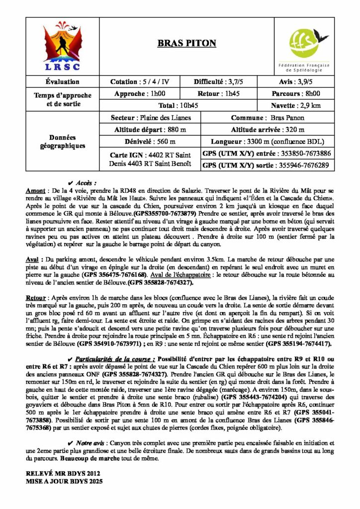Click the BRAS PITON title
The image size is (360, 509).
[186, 43]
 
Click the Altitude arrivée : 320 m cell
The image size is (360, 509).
[267, 129]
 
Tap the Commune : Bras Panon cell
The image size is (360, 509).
[267, 118]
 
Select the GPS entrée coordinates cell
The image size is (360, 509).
[267, 154]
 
